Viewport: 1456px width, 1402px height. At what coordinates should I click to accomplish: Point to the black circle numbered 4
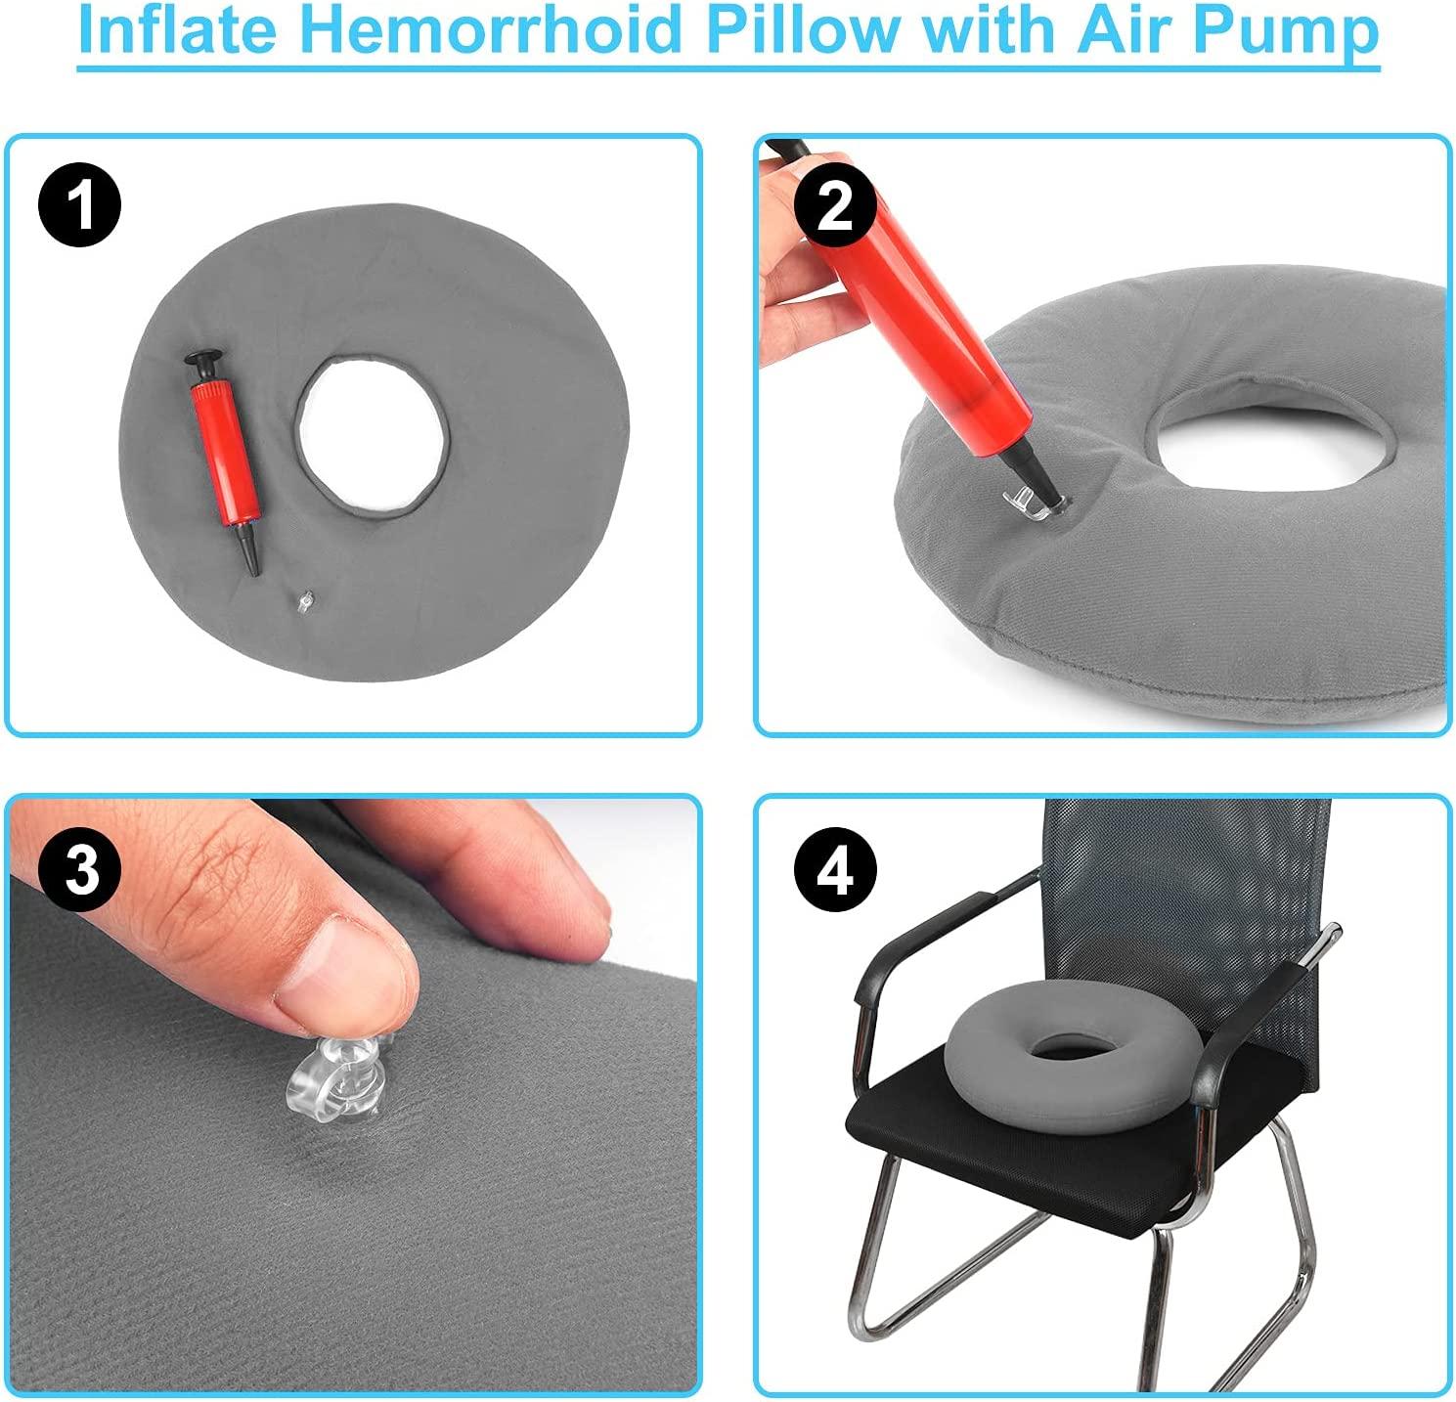pyautogui.click(x=834, y=868)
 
